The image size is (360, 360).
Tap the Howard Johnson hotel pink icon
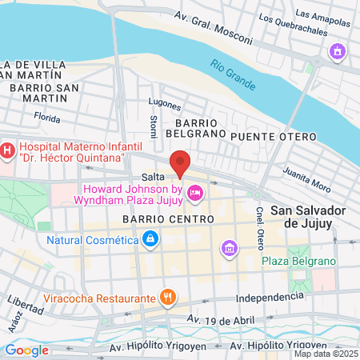coord(194,193)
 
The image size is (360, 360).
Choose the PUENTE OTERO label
coord(273,138)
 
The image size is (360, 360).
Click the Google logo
coord(26,350)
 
